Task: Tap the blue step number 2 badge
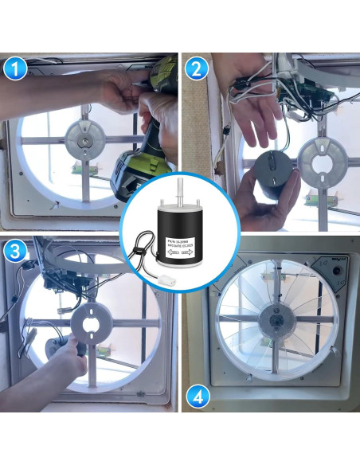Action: (x=198, y=69)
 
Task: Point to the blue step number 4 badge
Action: (x=198, y=396)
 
